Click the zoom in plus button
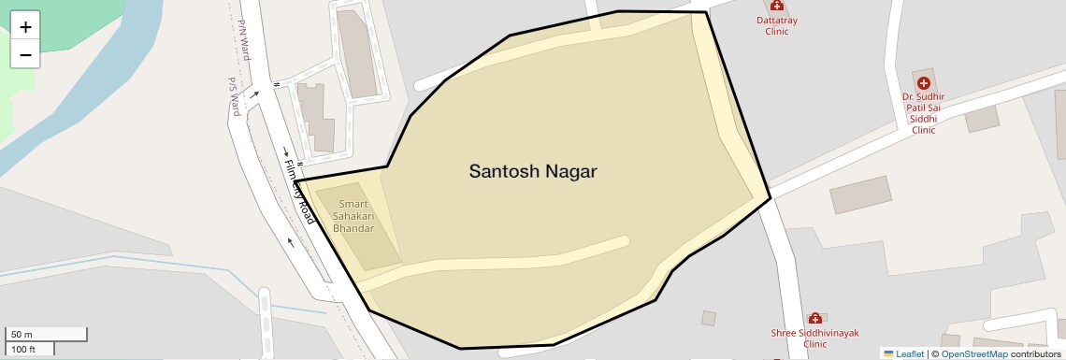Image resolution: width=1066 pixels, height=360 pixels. point(25,27)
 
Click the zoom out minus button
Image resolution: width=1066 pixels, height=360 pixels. point(25,55)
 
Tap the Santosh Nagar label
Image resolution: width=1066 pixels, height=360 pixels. point(532,172)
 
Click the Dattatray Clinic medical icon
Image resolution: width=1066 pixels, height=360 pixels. point(777,5)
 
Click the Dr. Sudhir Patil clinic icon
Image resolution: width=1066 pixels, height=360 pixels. point(924,82)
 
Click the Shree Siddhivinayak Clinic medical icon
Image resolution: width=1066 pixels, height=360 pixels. point(814,318)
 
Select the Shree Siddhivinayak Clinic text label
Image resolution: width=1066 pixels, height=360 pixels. point(814,338)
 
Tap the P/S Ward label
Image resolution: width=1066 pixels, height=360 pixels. point(235,96)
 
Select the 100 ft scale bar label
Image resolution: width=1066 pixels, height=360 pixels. point(24,350)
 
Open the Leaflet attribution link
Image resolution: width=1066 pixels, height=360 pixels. point(903,353)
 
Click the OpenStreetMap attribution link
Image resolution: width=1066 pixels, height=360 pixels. point(973,353)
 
